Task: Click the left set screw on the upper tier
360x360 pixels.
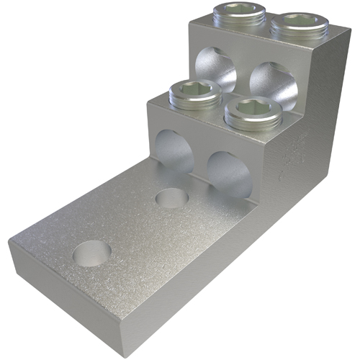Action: (x=239, y=14)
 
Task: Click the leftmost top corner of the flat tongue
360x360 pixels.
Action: (x=10, y=243)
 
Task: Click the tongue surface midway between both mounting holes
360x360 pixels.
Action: (x=133, y=225)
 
